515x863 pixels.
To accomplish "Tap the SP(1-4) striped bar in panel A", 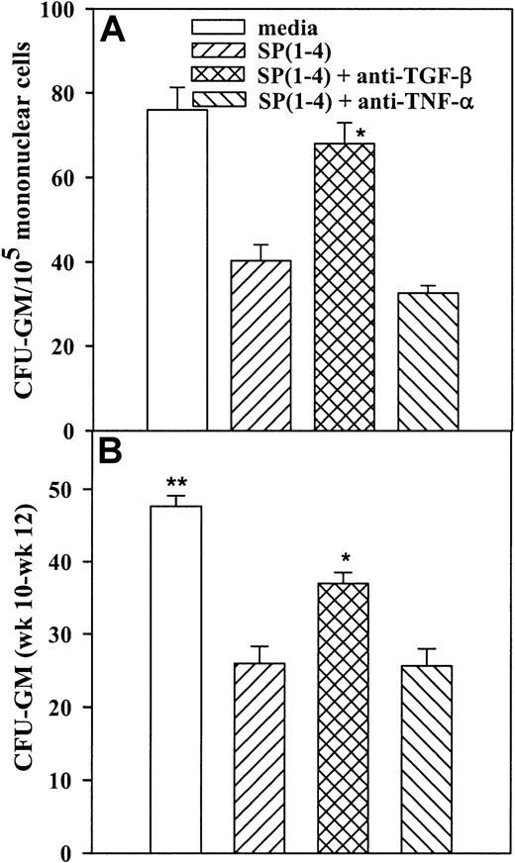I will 261,345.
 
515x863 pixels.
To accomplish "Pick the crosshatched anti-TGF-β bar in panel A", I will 346,287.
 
